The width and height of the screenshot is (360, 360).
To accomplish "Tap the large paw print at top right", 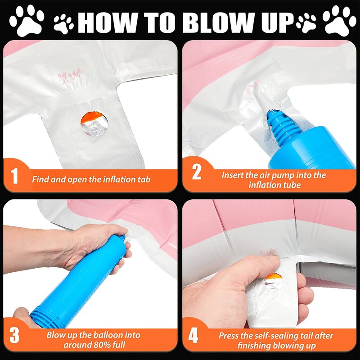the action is (x=339, y=21).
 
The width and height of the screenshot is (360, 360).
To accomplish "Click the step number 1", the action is (x=14, y=176).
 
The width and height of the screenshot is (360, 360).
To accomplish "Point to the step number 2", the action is (x=197, y=172).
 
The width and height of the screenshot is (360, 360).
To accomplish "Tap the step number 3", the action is (x=14, y=335).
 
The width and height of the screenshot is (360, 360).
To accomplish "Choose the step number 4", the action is (x=193, y=336).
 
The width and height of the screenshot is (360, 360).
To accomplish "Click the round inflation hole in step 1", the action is (x=94, y=124).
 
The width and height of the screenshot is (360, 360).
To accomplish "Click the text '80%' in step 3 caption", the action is (x=102, y=345).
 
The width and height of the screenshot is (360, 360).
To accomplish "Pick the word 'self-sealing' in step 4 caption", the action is (x=281, y=336).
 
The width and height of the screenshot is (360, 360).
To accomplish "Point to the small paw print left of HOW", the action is (x=63, y=24).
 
